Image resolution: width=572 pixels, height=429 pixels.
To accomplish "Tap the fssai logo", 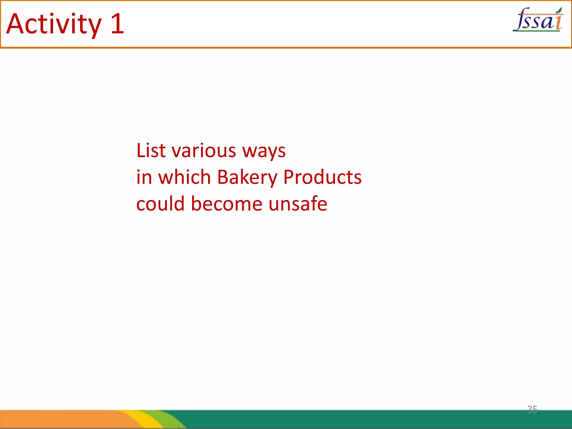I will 538,20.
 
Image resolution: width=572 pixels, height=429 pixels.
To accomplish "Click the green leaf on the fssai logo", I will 559,11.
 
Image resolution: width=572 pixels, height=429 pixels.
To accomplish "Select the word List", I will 151,151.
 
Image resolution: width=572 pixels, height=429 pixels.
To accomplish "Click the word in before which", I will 144,177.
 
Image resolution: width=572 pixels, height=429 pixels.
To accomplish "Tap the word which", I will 184,177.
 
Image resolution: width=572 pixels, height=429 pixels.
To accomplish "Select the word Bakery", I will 247,178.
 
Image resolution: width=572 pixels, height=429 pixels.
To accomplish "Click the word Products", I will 322,177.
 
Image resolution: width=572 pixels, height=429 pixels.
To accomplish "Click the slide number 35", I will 532,409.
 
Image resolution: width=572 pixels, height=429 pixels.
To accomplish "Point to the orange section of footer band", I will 56,419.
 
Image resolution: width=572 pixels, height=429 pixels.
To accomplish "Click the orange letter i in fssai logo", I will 558,22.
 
